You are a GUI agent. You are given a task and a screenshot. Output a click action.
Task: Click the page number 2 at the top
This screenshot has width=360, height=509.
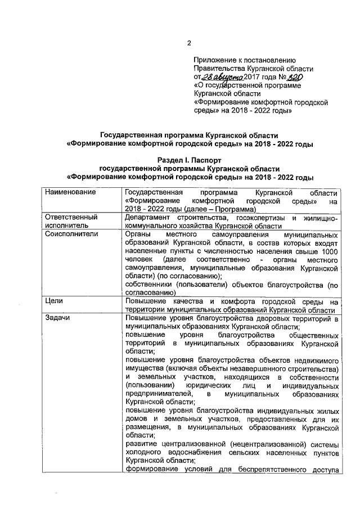tap(190, 43)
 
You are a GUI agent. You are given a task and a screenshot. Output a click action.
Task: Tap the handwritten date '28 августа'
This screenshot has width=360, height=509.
tap(222, 76)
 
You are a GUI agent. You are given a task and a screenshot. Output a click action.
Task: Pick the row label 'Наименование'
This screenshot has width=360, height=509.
tap(70, 193)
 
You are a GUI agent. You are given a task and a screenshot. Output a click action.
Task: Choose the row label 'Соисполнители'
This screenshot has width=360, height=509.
tap(71, 233)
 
